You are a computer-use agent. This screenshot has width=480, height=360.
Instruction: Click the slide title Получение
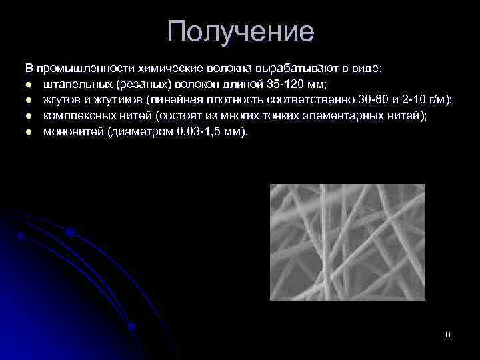[x=240, y=31]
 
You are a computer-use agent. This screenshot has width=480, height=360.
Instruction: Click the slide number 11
[x=447, y=333]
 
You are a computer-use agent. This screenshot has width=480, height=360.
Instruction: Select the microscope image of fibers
[x=347, y=241]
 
